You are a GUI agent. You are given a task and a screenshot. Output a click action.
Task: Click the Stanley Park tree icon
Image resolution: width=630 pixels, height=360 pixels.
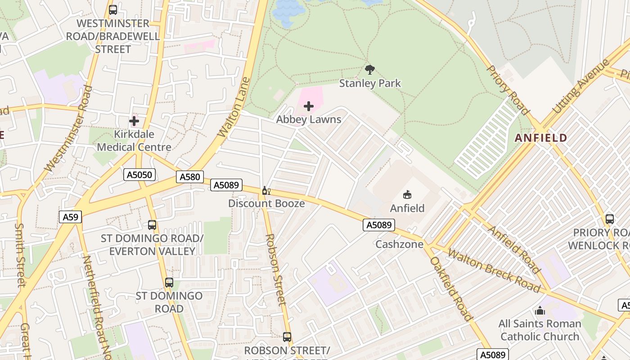tap(370, 70)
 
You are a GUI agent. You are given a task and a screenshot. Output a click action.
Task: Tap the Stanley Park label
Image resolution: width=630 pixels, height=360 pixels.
tap(370, 83)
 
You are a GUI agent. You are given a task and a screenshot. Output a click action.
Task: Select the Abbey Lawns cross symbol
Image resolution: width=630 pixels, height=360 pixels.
tap(309, 106)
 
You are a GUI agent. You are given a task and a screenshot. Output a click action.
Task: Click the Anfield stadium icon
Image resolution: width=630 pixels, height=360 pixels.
tap(407, 194)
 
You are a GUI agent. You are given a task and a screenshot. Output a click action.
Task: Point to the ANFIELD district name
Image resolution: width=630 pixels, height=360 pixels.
tap(540, 138)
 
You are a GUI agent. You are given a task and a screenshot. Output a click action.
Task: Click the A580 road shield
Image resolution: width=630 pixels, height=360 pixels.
tap(189, 177)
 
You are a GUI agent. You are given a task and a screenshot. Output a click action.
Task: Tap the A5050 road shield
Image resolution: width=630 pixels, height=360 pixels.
tap(139, 175)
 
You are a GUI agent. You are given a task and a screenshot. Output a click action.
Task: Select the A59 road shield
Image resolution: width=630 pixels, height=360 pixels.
tap(70, 217)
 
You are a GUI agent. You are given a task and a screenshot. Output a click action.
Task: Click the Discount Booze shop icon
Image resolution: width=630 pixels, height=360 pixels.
tap(266, 191)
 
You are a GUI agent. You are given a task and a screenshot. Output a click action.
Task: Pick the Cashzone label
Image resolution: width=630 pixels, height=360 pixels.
tap(400, 244)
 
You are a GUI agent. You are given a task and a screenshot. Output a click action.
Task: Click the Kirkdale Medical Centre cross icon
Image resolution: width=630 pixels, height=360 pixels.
tap(134, 121)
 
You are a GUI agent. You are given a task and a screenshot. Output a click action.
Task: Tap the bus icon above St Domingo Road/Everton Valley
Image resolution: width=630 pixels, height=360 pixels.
tap(152, 225)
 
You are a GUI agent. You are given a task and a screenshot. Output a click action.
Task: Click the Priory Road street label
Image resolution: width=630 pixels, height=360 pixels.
tap(508, 90)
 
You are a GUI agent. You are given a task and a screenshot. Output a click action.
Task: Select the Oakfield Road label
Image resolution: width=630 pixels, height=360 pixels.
tap(451, 288)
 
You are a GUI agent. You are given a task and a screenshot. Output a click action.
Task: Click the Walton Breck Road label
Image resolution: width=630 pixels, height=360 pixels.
tap(494, 270)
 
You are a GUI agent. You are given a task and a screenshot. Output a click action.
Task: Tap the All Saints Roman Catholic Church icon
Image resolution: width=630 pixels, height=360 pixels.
tap(540, 310)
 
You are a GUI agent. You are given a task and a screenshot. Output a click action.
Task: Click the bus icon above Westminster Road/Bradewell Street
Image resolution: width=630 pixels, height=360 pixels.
tap(113, 9)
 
